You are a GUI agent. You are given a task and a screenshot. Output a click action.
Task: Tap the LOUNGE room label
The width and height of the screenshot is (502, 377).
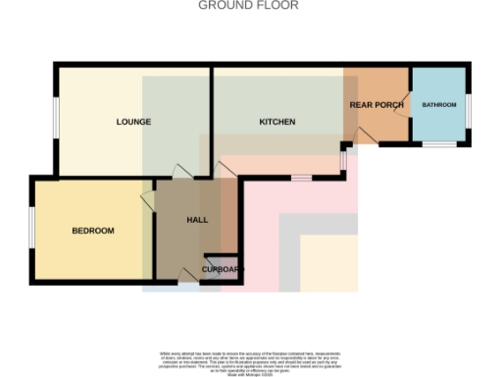click(133, 123)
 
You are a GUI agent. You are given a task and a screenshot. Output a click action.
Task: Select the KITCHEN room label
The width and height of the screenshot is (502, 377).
click(277, 123)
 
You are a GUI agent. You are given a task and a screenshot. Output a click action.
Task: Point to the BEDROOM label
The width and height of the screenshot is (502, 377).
click(93, 231)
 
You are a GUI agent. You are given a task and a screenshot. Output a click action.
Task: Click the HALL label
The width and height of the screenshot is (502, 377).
click(197, 220)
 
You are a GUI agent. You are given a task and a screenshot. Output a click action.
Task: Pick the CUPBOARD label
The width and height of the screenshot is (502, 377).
click(222, 268)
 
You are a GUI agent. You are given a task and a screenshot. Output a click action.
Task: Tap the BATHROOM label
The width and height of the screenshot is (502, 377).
click(439, 104)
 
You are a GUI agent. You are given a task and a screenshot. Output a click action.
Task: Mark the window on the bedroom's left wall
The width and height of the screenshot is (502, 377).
click(32, 231)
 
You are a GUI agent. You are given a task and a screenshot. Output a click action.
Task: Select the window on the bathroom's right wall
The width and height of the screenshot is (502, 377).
click(469, 108)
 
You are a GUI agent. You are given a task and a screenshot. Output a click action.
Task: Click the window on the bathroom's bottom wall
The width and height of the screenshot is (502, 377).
click(439, 144)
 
